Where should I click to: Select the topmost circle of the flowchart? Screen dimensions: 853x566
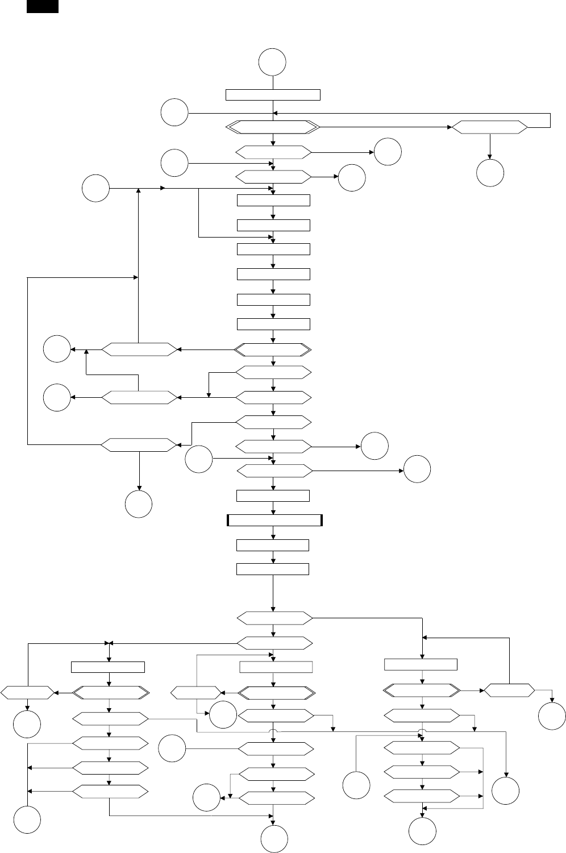pyautogui.click(x=272, y=62)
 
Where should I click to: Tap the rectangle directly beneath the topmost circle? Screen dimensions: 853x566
pyautogui.click(x=273, y=94)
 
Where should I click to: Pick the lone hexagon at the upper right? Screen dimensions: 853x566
pyautogui.click(x=490, y=128)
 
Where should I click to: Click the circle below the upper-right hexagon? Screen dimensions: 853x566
pyautogui.click(x=490, y=173)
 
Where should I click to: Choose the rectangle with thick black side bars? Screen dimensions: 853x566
pyautogui.click(x=274, y=521)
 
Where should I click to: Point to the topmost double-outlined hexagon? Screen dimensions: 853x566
pyautogui.click(x=273, y=128)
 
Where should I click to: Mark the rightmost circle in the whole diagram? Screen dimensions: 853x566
pyautogui.click(x=552, y=715)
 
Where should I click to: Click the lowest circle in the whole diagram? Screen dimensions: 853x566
pyautogui.click(x=274, y=839)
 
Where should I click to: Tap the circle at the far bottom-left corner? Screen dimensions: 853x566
pyautogui.click(x=27, y=820)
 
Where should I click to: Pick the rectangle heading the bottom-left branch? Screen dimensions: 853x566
pyautogui.click(x=108, y=667)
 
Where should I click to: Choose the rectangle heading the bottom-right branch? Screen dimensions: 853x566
pyautogui.click(x=421, y=664)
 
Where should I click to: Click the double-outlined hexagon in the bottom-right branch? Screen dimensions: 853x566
pyautogui.click(x=422, y=691)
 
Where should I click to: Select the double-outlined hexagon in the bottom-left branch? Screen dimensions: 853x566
pyautogui.click(x=111, y=693)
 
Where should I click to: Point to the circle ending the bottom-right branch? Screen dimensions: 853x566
pyautogui.click(x=422, y=831)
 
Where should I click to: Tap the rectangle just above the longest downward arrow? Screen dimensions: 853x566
pyautogui.click(x=273, y=569)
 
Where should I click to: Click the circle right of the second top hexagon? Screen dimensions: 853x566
pyautogui.click(x=388, y=152)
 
